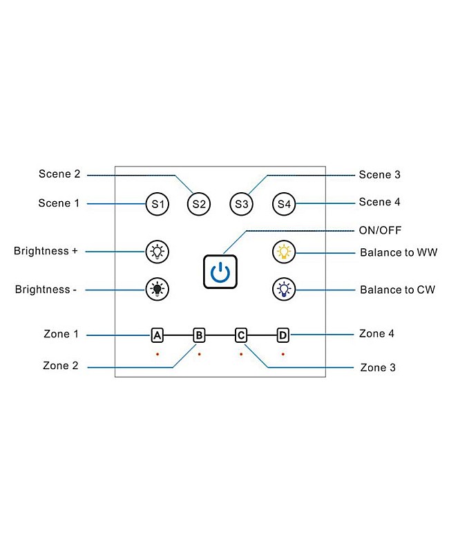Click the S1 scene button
click(x=157, y=204)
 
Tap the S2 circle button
click(x=199, y=204)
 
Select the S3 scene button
click(x=241, y=204)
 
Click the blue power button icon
click(x=220, y=271)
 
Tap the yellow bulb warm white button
click(x=283, y=252)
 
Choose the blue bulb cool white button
click(x=283, y=289)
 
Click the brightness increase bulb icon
click(x=157, y=252)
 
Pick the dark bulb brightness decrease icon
click(x=157, y=289)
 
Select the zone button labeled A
click(x=157, y=335)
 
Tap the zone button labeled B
click(x=199, y=335)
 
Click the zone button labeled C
click(x=241, y=335)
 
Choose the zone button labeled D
click(x=283, y=335)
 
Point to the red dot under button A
click(x=157, y=354)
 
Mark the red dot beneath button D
click(x=283, y=354)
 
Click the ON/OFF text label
click(x=380, y=230)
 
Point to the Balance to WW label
click(x=399, y=252)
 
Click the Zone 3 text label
click(x=378, y=368)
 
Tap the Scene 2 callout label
click(x=59, y=174)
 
